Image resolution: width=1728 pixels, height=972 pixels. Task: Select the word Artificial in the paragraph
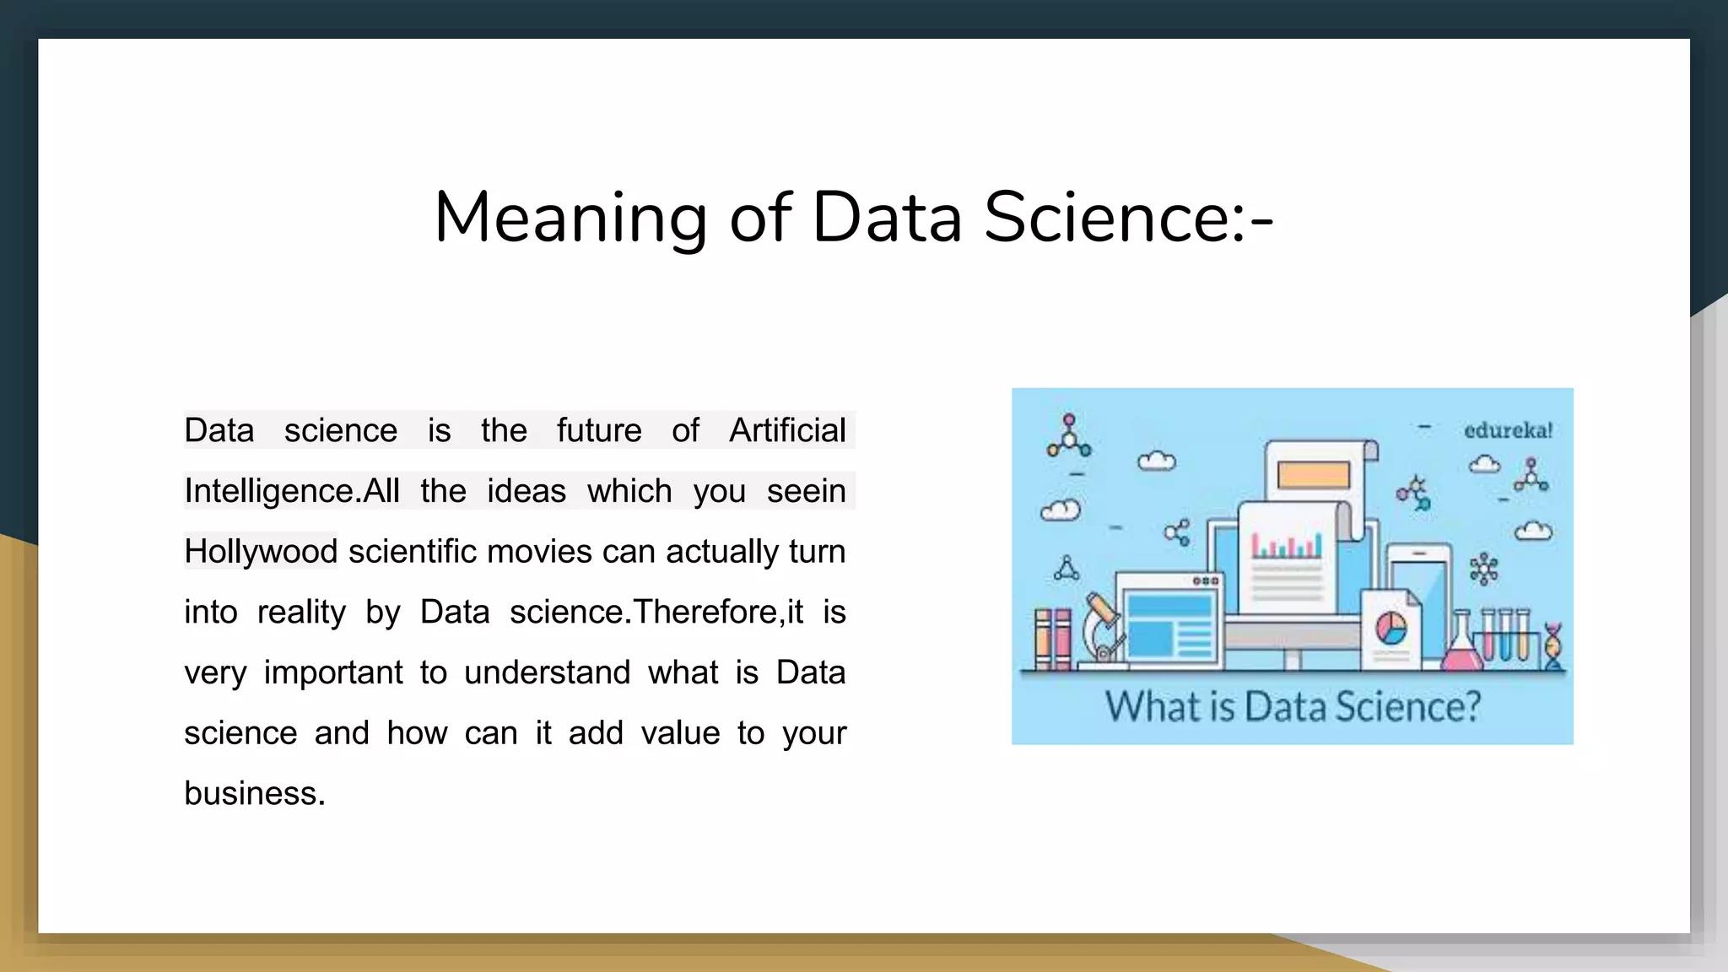point(786,430)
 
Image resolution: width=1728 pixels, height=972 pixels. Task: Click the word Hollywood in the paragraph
point(261,551)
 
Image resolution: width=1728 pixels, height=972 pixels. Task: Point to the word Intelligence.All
point(292,491)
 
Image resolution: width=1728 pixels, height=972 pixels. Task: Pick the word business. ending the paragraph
point(254,793)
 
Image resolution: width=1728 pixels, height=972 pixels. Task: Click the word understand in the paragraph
point(547,672)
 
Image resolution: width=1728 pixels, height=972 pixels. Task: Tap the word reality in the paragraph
point(301,612)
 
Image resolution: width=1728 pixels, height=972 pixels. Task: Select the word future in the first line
point(598,430)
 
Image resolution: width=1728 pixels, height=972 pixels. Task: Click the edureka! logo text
point(1508,430)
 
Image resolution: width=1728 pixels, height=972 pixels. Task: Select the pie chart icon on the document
point(1391,629)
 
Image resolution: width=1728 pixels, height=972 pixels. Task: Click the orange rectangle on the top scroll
point(1313,475)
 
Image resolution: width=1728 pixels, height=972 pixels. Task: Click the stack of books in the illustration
point(1053,638)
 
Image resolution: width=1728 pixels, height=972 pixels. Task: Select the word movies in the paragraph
point(540,551)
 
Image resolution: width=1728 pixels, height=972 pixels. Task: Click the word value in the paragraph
point(680,733)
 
